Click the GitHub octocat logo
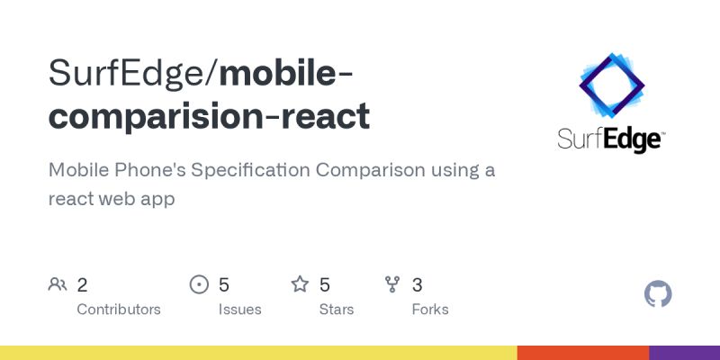[x=659, y=294]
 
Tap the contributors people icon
[x=58, y=285]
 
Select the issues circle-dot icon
[x=199, y=285]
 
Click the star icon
[x=300, y=285]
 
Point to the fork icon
[x=392, y=285]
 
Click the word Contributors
[x=119, y=310]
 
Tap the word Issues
[x=239, y=310]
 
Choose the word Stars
[x=337, y=310]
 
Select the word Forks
[x=430, y=310]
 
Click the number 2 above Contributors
[x=82, y=285]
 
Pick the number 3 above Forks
[x=417, y=285]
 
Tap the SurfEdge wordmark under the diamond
[x=611, y=140]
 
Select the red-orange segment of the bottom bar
[x=583, y=352]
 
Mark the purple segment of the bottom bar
[x=684, y=352]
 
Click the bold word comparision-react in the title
[x=209, y=116]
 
